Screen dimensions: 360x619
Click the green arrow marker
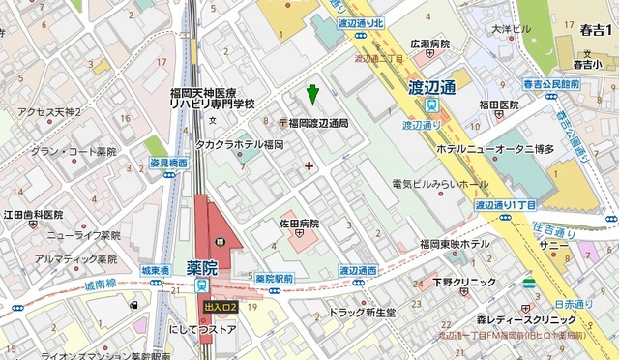click(311, 95)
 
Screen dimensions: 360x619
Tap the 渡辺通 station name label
click(431, 87)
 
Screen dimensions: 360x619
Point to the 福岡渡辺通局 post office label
click(318, 123)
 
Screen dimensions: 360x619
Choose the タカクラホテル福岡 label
click(240, 144)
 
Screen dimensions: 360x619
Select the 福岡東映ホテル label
click(454, 244)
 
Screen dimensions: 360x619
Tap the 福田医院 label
click(500, 105)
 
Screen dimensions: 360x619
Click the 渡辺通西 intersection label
click(357, 270)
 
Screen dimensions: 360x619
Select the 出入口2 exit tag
click(219, 308)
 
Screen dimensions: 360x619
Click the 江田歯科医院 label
click(34, 214)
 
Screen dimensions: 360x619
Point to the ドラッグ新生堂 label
click(363, 313)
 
